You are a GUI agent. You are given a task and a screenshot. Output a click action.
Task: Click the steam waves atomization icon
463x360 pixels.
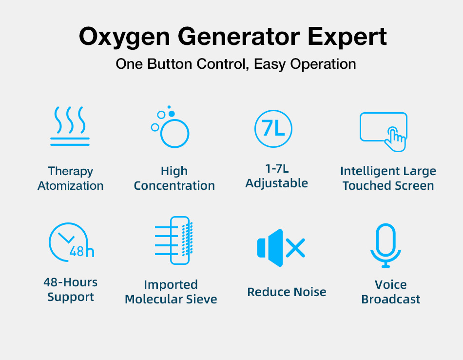[x=70, y=126]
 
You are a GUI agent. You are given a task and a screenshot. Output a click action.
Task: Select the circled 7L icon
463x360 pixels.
[x=273, y=129]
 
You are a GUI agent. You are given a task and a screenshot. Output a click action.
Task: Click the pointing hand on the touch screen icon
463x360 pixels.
[x=395, y=140]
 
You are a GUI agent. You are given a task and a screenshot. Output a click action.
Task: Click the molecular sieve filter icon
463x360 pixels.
[x=174, y=240]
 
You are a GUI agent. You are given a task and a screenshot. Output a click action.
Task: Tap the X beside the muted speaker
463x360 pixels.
[x=295, y=248]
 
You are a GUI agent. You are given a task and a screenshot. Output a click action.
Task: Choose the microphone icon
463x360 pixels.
[x=386, y=245]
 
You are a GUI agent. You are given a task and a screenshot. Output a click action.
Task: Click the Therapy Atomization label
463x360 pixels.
[x=71, y=179]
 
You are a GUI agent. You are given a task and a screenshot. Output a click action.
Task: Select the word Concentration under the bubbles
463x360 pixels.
[x=174, y=186]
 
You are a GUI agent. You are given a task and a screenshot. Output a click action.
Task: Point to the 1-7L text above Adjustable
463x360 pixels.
[x=277, y=169]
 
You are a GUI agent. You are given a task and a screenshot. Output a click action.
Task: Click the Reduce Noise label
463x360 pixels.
[x=287, y=292]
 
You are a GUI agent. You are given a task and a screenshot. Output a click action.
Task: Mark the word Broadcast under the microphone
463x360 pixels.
[x=391, y=300]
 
